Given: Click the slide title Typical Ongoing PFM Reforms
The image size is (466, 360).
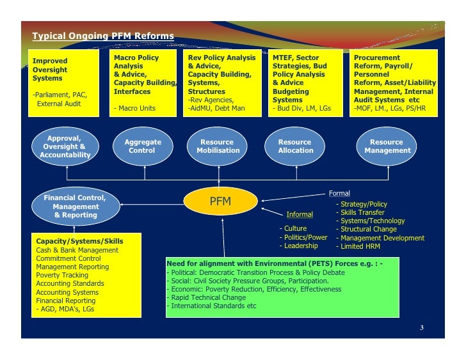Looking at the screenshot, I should coord(103,36).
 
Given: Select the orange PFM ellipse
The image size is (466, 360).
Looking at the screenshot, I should coord(220,202).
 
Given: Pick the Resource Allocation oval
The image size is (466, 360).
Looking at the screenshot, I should coord(295,146).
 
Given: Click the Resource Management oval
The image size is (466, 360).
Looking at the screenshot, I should coord(387,146).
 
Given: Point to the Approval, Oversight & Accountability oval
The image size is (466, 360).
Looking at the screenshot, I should coord(65,146).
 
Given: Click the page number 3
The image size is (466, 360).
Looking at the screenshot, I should coord(421,329).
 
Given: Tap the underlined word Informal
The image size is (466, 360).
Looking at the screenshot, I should coord(300,214).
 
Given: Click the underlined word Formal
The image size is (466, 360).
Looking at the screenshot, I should coord(339,193).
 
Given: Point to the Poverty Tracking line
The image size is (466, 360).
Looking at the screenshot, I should coord(62,275).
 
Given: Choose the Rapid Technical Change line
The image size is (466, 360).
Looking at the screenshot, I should coord(207,297).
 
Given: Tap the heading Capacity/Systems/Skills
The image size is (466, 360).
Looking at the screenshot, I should coord(79,241).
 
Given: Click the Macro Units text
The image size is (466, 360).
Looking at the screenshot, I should coord(136,109).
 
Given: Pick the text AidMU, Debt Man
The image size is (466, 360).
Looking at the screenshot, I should coord(216,109).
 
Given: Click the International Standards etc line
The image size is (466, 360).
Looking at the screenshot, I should coord(212,306).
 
